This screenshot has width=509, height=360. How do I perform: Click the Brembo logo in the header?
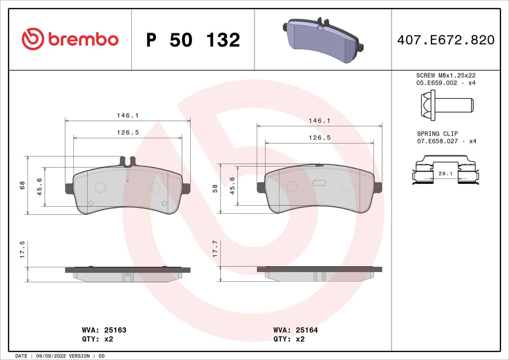tap(70, 39)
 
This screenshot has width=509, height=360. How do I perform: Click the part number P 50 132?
tap(193, 40)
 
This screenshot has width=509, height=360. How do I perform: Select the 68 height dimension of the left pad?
tap(23, 185)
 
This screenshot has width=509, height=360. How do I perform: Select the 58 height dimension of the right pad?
tap(215, 188)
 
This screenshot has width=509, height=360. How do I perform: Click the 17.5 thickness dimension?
tap(23, 250)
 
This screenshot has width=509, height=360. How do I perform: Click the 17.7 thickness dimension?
tap(215, 250)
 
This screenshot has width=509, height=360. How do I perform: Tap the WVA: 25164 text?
tap(295, 330)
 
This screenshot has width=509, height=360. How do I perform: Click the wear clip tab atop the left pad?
tap(128, 160)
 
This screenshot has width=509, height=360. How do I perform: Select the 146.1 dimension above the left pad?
tap(128, 115)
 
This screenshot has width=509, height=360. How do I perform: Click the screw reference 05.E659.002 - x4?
tap(446, 84)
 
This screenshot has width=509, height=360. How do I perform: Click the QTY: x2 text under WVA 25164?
tap(290, 339)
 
